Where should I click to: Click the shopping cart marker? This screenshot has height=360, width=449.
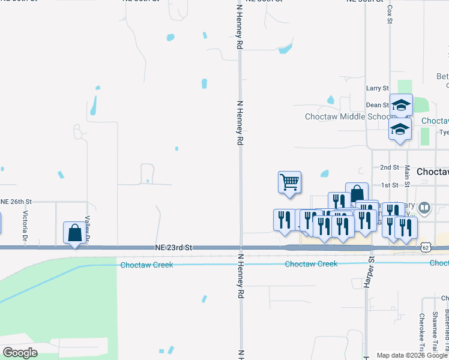(289, 182)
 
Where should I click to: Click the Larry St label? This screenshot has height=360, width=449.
(378, 88)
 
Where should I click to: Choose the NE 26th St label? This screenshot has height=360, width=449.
(17, 201)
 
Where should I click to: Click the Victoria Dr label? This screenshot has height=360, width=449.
(25, 225)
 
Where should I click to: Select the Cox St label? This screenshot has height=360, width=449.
(390, 13)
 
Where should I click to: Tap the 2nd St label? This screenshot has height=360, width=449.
(390, 167)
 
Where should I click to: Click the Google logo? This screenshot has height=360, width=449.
(20, 353)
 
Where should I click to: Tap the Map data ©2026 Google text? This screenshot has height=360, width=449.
(412, 355)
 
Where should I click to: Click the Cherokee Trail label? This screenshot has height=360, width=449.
(422, 329)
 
